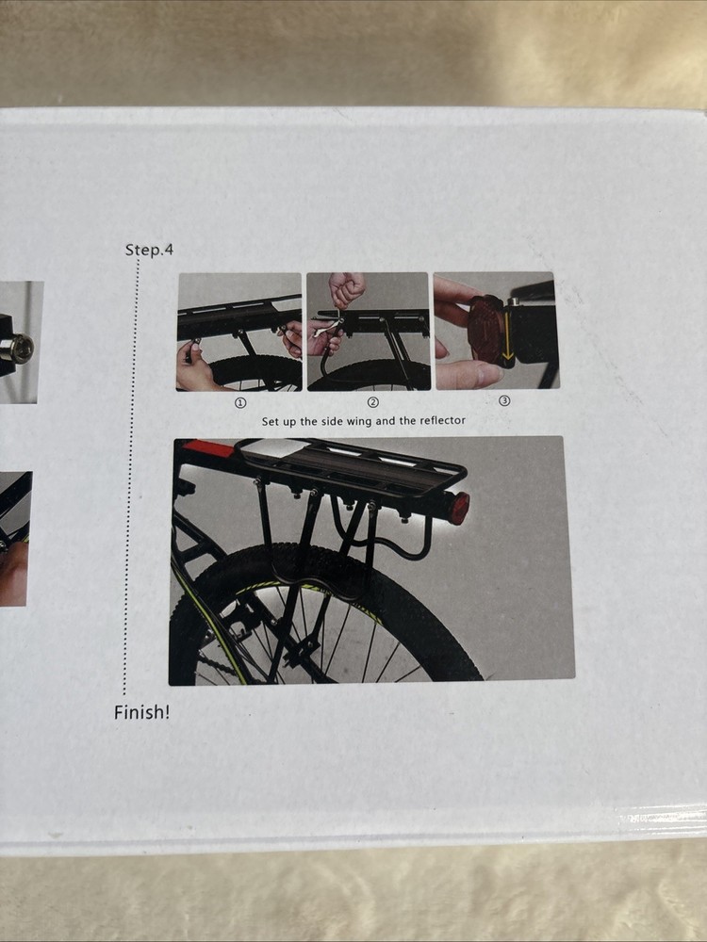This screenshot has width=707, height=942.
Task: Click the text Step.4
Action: click(149, 251)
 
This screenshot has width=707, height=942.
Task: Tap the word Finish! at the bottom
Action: click(142, 712)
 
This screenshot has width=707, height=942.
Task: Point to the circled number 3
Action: click(504, 400)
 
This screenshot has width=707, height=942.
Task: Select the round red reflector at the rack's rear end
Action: click(458, 508)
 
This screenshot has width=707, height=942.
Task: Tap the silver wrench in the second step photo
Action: click(326, 331)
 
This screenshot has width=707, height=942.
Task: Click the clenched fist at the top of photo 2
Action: click(347, 288)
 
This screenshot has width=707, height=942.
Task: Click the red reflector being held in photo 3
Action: click(488, 330)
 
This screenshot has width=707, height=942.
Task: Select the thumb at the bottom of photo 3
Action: click(467, 374)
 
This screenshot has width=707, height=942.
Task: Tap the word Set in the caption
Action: click(271, 421)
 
